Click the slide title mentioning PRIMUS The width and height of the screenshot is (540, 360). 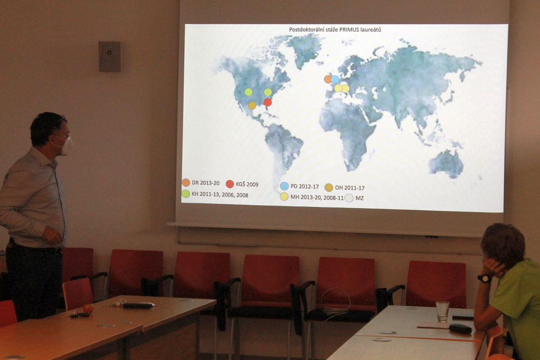tap(335, 30)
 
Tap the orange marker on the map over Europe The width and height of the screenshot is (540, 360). tap(328, 79)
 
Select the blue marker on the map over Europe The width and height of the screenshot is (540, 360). tap(335, 79)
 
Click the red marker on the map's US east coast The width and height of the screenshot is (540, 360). tap(268, 102)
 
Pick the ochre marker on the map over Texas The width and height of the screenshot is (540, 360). tap(252, 105)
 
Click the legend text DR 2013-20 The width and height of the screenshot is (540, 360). tap(206, 183)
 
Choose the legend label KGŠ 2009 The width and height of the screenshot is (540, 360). tap(247, 184)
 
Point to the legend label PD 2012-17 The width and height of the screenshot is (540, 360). tap(305, 186)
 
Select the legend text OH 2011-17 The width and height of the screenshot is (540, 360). tap(350, 188)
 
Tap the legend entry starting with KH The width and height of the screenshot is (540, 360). tap(220, 195)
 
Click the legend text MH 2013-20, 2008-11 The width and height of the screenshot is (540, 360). tap(317, 198)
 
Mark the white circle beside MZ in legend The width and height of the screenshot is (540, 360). tap(349, 198)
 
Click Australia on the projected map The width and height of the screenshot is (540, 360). tap(446, 163)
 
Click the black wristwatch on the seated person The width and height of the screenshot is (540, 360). tap(485, 279)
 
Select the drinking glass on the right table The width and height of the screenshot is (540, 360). tap(442, 311)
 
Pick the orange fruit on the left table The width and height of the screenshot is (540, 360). tap(88, 308)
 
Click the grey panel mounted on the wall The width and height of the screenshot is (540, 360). tap(110, 57)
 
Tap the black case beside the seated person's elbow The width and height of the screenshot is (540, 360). tap(460, 328)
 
